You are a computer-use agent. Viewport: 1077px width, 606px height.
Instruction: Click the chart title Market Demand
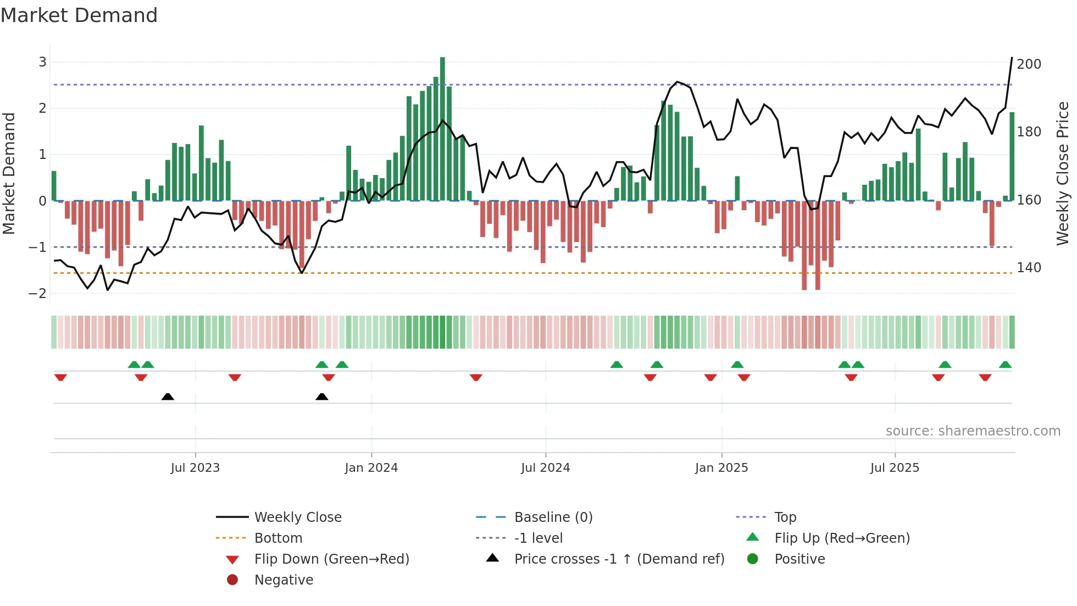[79, 15]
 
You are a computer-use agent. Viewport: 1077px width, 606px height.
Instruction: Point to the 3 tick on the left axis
[42, 62]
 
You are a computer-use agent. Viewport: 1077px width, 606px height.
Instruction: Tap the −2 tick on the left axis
[38, 294]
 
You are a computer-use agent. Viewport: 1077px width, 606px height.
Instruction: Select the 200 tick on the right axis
[1029, 64]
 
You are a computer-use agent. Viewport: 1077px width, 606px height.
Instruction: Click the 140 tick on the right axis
[1029, 268]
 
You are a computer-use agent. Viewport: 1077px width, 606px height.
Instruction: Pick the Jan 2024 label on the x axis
[371, 468]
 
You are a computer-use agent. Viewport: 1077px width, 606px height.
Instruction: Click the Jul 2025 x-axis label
[895, 468]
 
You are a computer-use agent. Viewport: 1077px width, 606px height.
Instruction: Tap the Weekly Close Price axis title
[1063, 173]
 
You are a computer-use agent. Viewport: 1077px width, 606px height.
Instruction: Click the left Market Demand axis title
[9, 173]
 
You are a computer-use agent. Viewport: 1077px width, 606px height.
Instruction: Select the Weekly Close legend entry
[297, 517]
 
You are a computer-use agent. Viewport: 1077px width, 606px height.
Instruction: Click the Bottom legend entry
[278, 538]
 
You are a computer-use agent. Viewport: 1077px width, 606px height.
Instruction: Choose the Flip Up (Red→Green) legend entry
[842, 538]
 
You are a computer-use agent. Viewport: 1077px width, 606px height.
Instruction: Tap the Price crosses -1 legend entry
[619, 559]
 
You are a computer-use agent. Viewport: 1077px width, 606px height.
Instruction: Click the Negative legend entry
[284, 580]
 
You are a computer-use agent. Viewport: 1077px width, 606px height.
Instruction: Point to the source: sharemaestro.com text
[973, 431]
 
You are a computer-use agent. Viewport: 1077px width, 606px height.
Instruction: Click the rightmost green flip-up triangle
[1005, 365]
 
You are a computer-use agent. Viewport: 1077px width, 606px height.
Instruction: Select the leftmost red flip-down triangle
[60, 377]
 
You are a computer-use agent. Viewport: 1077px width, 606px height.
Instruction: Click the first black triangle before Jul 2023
[168, 396]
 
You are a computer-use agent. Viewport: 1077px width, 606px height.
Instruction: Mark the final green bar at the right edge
[1012, 156]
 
